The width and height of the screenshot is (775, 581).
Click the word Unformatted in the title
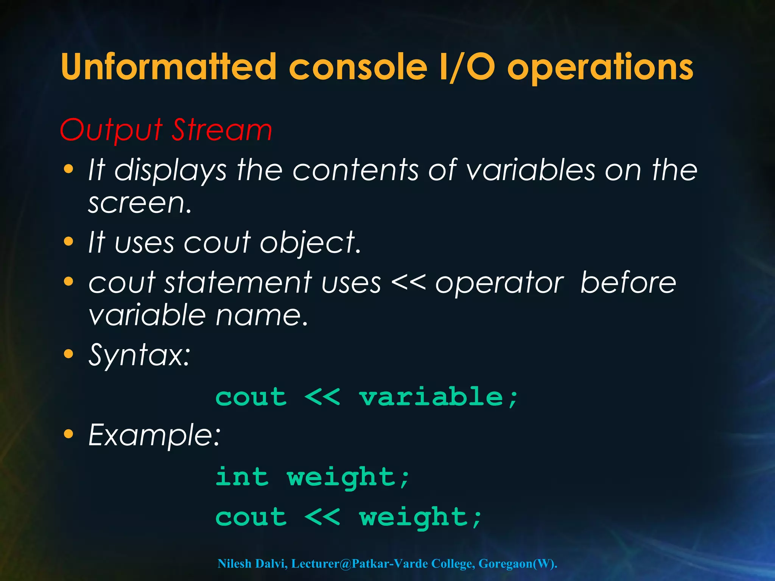pyautogui.click(x=169, y=67)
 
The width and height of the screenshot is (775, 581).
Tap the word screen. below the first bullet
pyautogui.click(x=140, y=204)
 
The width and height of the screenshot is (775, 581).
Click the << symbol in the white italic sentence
pyautogui.click(x=408, y=283)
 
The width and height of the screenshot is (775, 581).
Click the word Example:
pyautogui.click(x=154, y=435)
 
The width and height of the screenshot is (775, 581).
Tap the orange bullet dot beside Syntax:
pyautogui.click(x=68, y=354)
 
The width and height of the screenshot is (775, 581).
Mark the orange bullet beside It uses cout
pyautogui.click(x=68, y=241)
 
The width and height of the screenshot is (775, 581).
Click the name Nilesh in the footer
pyautogui.click(x=235, y=564)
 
